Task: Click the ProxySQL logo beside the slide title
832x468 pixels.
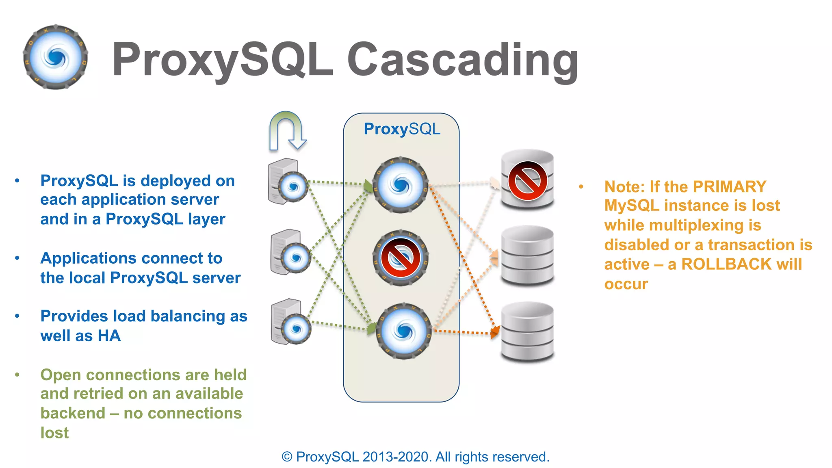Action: coord(56,57)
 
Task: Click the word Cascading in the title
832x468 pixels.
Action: coord(463,60)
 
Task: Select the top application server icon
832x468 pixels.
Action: coord(286,182)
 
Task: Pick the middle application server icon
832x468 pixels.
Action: coord(290,253)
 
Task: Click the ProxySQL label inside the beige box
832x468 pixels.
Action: coord(402,129)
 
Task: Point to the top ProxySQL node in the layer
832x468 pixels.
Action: coord(401,185)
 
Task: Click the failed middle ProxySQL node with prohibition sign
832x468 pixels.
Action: coord(401,258)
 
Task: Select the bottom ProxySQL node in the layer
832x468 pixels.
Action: coord(403,331)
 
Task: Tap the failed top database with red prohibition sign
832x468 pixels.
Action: coord(527,179)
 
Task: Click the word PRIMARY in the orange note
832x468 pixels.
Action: coord(729,187)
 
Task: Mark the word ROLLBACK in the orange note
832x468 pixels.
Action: coord(726,264)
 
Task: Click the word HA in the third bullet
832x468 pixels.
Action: coord(109,336)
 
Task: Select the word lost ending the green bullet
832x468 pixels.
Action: coord(54,433)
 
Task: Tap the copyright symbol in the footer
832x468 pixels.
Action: coord(287,457)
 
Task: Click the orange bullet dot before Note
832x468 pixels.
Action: coord(581,187)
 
